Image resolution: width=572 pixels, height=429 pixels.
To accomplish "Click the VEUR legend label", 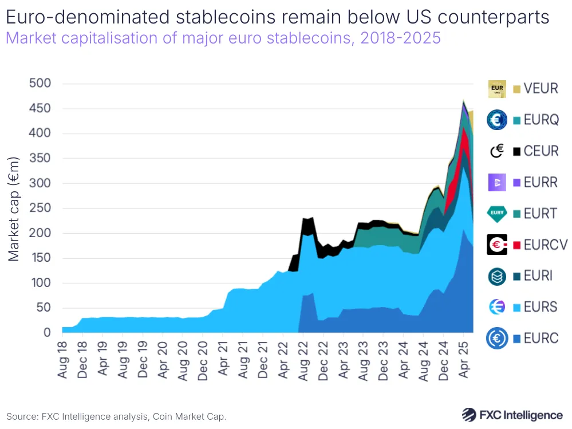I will click(541, 89).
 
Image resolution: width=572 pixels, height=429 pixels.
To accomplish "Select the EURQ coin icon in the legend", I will click(496, 120).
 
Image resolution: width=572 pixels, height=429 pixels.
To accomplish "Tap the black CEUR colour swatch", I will click(516, 152).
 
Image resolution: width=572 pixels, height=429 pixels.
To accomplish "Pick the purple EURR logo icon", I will click(496, 183).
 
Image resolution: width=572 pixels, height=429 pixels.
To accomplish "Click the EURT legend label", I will click(541, 214).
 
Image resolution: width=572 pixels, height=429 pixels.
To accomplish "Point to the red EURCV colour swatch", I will click(516, 245).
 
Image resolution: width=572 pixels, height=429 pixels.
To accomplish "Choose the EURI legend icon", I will click(496, 276).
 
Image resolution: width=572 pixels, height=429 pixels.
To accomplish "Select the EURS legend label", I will click(541, 307).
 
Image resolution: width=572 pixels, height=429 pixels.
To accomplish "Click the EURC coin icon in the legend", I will click(496, 339).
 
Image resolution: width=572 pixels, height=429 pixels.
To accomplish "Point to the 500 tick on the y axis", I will click(40, 84).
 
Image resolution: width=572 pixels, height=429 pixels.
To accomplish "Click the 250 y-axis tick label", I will click(40, 208).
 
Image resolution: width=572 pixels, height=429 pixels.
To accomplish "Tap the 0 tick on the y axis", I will click(48, 333).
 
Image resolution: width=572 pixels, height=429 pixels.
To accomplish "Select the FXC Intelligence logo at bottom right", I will click(512, 415).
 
